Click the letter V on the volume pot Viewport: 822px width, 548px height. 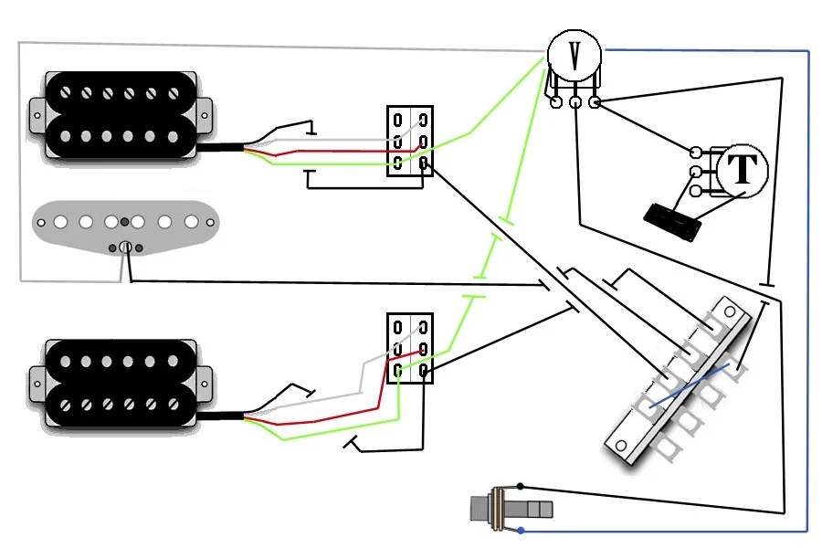[x=575, y=55]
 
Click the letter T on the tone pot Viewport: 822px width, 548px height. [x=743, y=169]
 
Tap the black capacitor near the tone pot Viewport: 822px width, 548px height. [x=672, y=222]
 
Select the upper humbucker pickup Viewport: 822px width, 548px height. [x=121, y=115]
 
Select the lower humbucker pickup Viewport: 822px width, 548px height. [x=121, y=383]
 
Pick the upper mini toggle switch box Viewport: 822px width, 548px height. [x=410, y=141]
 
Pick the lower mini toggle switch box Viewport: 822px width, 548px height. [x=410, y=348]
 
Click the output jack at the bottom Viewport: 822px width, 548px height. [x=511, y=508]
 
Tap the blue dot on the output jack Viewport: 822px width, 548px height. [x=521, y=531]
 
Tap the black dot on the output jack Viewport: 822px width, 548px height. [x=520, y=487]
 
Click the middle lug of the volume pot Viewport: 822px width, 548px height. [x=575, y=101]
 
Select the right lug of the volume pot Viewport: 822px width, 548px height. [x=595, y=101]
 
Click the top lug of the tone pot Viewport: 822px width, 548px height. [x=695, y=153]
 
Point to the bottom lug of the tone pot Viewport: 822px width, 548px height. [x=695, y=191]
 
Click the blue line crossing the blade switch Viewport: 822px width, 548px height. [x=690, y=386]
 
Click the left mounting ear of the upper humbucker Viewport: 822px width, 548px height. [x=37, y=115]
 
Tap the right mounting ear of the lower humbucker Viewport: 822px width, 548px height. [x=205, y=384]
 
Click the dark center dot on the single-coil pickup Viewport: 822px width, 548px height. [x=125, y=222]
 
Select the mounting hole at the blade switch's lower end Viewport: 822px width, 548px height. [x=621, y=447]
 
